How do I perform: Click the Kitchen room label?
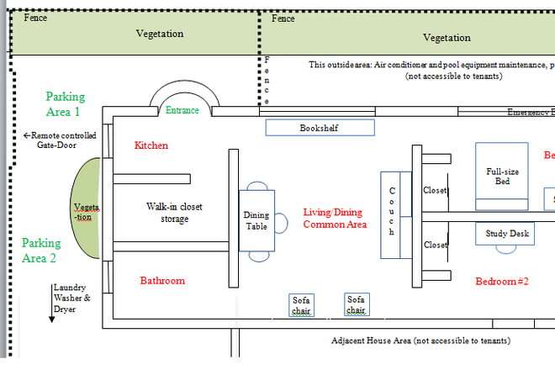click(x=151, y=145)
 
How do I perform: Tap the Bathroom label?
click(x=162, y=280)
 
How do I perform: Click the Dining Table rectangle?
click(x=256, y=220)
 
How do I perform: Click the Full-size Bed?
click(x=501, y=177)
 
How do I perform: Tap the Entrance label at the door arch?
click(x=182, y=110)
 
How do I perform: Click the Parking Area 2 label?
click(x=40, y=251)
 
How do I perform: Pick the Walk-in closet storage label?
click(x=174, y=213)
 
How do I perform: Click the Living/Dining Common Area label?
click(x=335, y=219)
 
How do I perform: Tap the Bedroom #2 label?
click(x=501, y=281)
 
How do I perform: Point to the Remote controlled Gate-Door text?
click(x=60, y=140)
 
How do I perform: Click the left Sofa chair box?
click(x=301, y=305)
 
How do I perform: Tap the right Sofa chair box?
click(x=357, y=304)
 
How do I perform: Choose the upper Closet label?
click(x=435, y=190)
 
